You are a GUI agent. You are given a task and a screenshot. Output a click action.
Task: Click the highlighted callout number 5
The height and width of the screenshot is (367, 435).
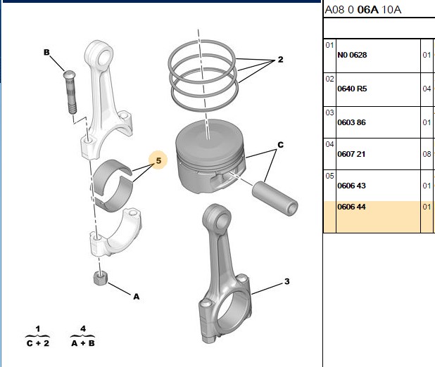[x=158, y=160]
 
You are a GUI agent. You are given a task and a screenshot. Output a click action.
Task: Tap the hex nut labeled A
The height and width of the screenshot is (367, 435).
[x=101, y=278]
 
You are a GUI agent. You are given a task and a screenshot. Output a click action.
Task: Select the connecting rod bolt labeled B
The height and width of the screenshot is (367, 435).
[x=70, y=92]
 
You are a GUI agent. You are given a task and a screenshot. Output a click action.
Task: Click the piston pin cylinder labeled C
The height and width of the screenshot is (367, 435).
[x=275, y=198]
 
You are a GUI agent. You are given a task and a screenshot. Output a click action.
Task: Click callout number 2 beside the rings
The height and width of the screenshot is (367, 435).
[x=280, y=59]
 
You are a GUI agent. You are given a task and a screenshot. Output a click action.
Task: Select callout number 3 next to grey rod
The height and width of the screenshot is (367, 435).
[x=287, y=282]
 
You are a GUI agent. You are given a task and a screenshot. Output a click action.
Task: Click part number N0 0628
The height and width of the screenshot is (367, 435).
[x=352, y=55]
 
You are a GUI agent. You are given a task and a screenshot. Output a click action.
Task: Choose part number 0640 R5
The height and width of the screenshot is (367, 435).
[x=352, y=89]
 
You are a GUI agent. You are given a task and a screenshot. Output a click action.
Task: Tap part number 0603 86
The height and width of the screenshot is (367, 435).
[x=351, y=122]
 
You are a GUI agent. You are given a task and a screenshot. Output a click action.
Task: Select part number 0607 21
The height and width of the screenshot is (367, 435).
[x=351, y=154]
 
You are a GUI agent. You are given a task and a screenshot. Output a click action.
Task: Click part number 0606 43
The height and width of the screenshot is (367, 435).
[x=351, y=186]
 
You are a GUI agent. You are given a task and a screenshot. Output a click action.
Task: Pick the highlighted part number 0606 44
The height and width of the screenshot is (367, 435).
[x=351, y=207]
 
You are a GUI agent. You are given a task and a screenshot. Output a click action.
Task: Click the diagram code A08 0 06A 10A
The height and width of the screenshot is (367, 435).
[x=363, y=10]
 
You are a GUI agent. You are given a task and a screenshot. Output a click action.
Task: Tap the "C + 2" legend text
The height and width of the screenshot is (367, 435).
[x=38, y=343]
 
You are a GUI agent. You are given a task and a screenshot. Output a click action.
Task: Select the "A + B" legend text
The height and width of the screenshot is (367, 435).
[x=83, y=343]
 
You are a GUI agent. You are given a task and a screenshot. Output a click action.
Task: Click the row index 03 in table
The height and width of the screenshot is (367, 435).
[x=329, y=112]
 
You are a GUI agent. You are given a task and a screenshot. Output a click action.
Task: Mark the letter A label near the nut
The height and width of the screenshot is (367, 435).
[x=137, y=297]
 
